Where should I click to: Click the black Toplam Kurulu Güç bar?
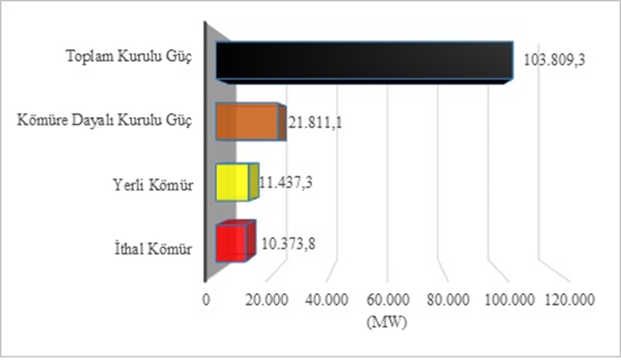[364, 62]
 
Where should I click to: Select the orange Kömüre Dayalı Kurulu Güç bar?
[249, 123]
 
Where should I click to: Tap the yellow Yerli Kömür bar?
[235, 182]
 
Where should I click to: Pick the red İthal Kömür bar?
[233, 244]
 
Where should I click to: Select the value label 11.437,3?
[288, 182]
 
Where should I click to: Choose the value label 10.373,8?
[288, 244]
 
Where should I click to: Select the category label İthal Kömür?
[154, 248]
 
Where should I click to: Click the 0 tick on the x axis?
[207, 301]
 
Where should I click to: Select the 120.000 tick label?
[571, 301]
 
